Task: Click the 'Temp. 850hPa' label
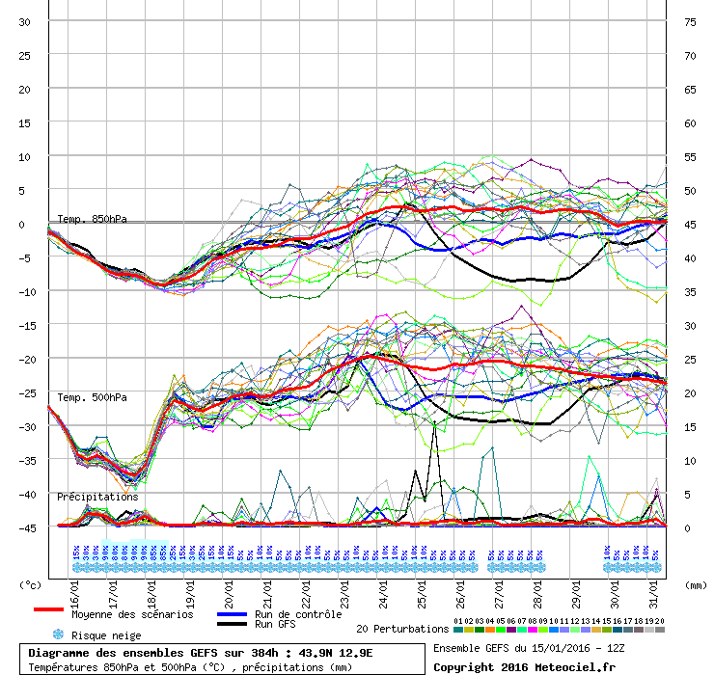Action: (x=92, y=220)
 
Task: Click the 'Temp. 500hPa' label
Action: (x=92, y=397)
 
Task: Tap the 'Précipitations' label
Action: (x=97, y=497)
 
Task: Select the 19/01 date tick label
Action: (x=192, y=590)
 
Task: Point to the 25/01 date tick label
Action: (x=422, y=590)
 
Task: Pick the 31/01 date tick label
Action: (x=652, y=590)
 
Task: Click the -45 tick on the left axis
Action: (x=26, y=527)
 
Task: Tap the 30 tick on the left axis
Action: (x=26, y=21)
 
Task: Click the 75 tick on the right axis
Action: (x=690, y=21)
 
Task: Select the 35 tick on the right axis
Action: (x=690, y=291)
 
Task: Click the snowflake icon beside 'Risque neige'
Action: (x=58, y=635)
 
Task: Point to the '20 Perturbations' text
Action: (x=402, y=629)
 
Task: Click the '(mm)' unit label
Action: (x=696, y=584)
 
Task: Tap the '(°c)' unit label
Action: (x=31, y=584)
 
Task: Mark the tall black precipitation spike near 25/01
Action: (x=435, y=424)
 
